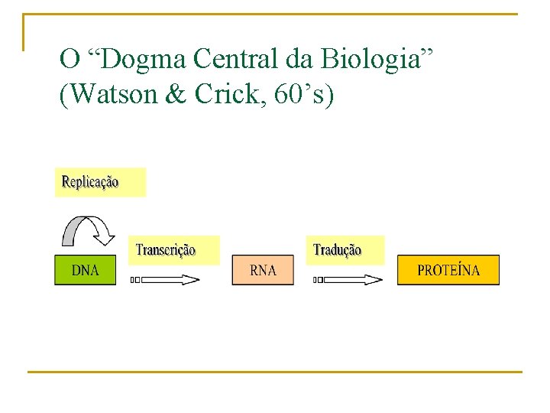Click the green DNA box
85,270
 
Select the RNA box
263,271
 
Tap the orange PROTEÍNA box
448,271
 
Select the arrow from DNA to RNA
170,280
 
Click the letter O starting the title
70,58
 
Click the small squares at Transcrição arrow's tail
135,280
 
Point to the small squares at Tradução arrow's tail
318,280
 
